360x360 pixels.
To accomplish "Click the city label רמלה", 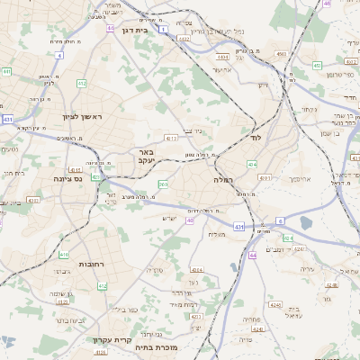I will pos(222,180).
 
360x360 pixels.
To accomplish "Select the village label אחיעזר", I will pos(223,69).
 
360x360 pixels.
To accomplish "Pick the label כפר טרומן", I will pos(335,74).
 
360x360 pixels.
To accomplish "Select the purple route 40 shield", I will pos(190,220).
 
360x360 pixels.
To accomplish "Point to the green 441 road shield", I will pos(6,71).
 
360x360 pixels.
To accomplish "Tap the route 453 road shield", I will pos(316,65).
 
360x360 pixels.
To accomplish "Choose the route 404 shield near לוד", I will pos(252,165).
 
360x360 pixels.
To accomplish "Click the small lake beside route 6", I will pos(306,222).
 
